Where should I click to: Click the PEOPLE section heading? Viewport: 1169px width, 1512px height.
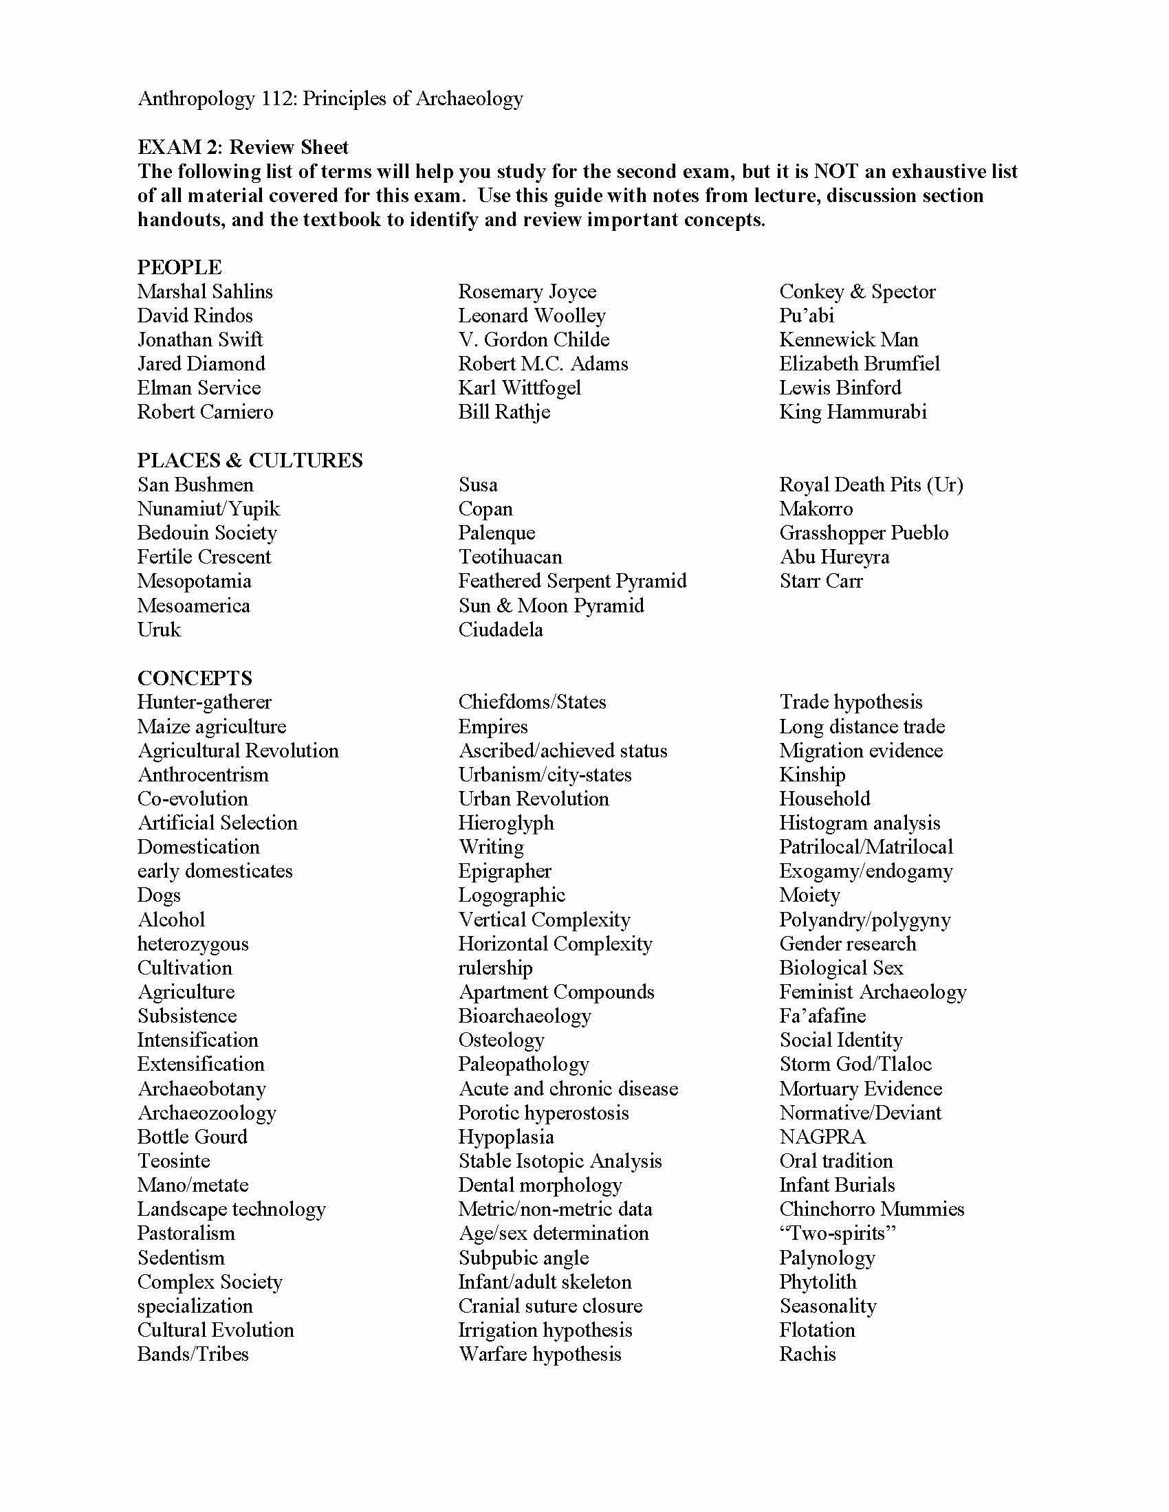pos(179,267)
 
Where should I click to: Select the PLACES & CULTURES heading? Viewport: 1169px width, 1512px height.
pos(250,460)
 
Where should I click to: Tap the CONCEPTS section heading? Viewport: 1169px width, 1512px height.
pos(195,678)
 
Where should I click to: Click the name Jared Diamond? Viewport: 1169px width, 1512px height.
pos(201,364)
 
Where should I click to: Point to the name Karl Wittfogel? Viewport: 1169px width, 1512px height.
pos(519,388)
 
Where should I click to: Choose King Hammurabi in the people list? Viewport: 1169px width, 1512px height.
pos(853,412)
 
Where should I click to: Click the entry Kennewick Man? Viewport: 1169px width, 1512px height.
pos(849,340)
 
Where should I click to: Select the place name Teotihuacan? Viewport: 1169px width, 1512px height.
pos(510,557)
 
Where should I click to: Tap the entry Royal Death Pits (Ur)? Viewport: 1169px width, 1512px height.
pos(871,485)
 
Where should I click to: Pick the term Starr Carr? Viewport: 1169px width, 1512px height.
pos(820,581)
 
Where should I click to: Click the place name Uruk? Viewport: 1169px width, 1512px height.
pos(159,630)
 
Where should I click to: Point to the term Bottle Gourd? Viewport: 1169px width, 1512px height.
pos(192,1137)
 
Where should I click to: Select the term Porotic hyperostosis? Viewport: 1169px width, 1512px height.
pos(543,1113)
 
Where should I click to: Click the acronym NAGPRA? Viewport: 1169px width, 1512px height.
pos(822,1137)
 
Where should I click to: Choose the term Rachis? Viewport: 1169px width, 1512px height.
pos(807,1354)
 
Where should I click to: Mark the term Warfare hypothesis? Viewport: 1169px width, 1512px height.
pos(540,1354)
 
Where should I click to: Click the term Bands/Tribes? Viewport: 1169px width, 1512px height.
pos(193,1354)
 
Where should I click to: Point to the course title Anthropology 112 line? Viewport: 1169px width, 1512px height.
pos(329,98)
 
